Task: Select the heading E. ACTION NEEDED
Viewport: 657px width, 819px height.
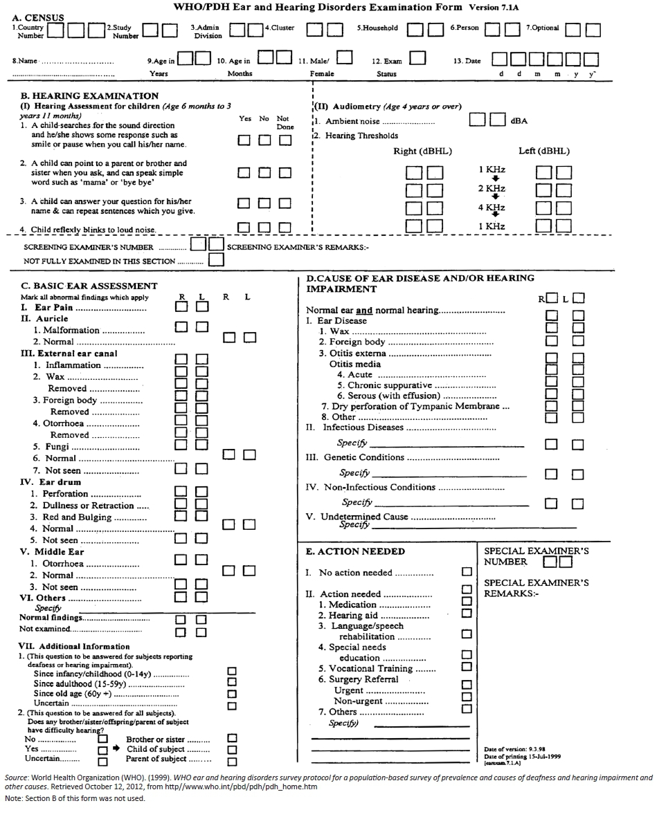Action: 355,551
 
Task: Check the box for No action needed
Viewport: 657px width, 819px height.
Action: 467,572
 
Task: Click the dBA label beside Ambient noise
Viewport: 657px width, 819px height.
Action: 519,121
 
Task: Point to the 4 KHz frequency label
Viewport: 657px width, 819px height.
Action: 492,208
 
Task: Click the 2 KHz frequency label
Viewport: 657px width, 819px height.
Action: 492,188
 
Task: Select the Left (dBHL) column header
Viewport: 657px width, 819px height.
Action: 543,151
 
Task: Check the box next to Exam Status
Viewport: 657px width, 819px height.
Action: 417,58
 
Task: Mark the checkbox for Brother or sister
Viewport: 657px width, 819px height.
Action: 232,739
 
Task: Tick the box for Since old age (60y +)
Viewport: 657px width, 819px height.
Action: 232,693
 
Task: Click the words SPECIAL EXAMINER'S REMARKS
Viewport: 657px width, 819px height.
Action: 536,588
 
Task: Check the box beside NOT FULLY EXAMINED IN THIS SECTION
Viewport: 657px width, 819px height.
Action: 216,261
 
